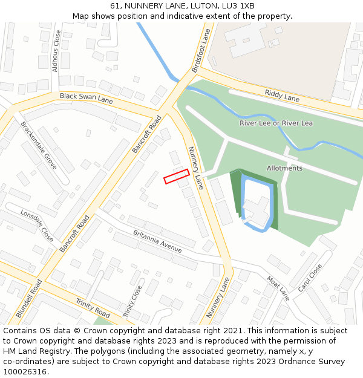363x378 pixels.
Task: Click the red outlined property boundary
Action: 177,176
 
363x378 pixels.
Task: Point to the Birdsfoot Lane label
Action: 201,51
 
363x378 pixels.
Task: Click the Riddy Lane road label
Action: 282,95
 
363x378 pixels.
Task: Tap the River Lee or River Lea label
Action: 276,123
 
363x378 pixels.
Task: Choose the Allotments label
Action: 284,168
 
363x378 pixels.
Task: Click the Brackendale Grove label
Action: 39,145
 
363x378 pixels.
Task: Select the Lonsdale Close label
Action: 37,226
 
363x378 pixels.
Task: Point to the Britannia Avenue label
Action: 157,241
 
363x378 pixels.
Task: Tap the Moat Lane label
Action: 278,288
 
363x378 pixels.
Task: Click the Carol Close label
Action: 310,278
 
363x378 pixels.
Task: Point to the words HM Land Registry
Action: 36,351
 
